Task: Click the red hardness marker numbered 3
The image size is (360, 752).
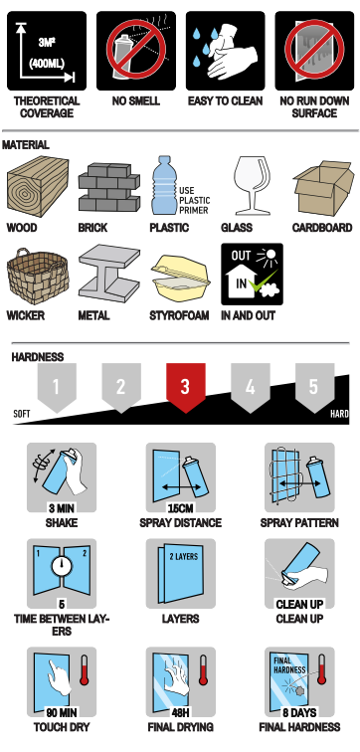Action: click(x=186, y=387)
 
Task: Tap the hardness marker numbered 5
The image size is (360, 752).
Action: click(x=314, y=387)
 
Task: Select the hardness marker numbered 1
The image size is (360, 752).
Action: click(x=57, y=387)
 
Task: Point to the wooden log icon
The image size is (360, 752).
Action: click(x=38, y=186)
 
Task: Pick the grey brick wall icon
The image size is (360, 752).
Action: click(x=108, y=187)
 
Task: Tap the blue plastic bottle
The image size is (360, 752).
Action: click(x=164, y=185)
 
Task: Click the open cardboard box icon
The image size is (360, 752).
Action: click(x=323, y=188)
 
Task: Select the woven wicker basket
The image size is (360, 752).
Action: click(x=38, y=277)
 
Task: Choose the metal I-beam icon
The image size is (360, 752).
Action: click(x=109, y=276)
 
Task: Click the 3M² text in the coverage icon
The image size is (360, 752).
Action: click(x=47, y=42)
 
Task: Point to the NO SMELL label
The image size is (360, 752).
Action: click(x=135, y=101)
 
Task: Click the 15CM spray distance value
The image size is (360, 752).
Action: click(x=180, y=508)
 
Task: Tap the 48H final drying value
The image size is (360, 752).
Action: click(x=180, y=712)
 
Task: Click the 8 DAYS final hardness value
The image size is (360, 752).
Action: click(x=299, y=712)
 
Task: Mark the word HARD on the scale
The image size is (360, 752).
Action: click(x=339, y=414)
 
